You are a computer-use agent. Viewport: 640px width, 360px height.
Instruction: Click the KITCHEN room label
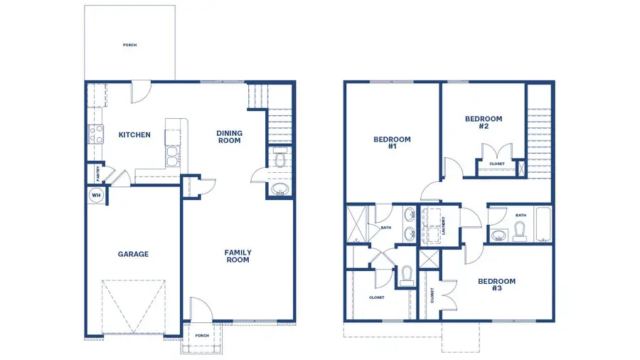tap(134, 134)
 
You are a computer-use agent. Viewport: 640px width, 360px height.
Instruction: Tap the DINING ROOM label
tap(229, 137)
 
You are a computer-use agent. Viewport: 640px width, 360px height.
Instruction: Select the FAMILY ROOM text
tap(238, 256)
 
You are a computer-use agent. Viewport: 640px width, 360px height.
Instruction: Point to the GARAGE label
tap(133, 254)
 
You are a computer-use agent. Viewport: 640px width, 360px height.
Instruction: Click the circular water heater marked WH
tap(96, 195)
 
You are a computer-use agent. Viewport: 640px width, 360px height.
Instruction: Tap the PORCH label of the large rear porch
tap(129, 45)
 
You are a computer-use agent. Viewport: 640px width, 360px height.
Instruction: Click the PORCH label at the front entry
tap(202, 335)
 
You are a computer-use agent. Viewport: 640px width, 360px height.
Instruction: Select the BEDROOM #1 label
tap(392, 143)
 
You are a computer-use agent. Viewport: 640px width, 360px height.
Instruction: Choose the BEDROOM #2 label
tap(484, 122)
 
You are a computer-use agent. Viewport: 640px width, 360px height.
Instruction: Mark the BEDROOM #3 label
tap(496, 285)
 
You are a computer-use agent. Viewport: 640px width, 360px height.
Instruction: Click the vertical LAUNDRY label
tap(443, 226)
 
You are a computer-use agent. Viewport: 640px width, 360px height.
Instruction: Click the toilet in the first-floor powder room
tap(279, 160)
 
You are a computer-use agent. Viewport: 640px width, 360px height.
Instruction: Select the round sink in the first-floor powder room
tap(279, 189)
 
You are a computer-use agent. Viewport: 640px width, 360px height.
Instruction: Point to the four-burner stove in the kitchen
tap(95, 134)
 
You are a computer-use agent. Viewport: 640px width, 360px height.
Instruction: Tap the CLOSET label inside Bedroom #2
tap(497, 164)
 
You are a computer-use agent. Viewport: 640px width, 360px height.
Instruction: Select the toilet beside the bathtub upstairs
tap(519, 231)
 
